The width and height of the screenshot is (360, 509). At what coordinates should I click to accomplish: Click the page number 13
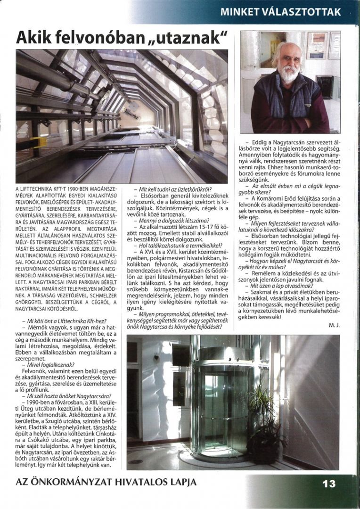[x=329, y=483]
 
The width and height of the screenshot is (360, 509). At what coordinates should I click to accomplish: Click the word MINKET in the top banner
[x=241, y=12]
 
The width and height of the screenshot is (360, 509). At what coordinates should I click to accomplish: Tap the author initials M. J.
[x=334, y=325]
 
